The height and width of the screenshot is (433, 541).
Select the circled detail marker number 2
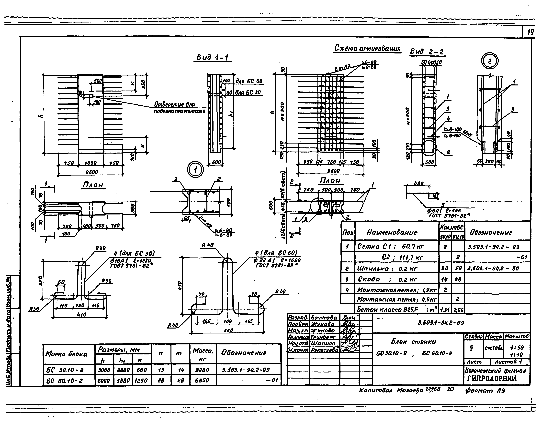(490, 61)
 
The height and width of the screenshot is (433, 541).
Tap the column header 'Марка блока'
(66, 354)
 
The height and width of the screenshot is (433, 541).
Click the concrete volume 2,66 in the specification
(458, 310)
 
